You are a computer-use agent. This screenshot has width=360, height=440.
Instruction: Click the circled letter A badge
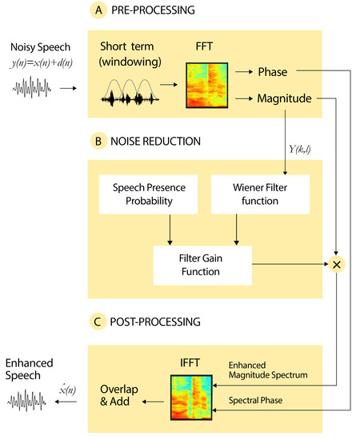pos(98,10)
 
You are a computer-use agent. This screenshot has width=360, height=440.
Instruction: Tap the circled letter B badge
pos(98,141)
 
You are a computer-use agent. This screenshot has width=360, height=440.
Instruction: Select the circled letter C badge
pos(98,322)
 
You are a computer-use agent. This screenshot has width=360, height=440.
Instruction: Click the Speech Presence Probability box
pos(149,194)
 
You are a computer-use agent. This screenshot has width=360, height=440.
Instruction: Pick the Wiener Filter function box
pos(260,194)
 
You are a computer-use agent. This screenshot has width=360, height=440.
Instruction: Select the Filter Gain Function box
pos(202,266)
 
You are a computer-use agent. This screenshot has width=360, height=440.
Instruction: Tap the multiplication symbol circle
pos(337,264)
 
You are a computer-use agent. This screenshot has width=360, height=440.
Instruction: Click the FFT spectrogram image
pos(206,86)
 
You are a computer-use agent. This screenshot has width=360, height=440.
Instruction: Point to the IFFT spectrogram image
pos(191,398)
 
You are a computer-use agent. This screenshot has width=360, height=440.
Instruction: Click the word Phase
pos(273,72)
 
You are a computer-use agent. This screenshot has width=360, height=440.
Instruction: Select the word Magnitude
pos(284,98)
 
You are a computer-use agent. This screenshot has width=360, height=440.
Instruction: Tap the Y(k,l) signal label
pos(300,150)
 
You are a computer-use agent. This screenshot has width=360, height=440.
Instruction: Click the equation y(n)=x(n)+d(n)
pos(42,63)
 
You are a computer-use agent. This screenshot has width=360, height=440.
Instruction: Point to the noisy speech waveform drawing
pos(31,87)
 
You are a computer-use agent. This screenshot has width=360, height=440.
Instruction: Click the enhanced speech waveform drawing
pos(26,400)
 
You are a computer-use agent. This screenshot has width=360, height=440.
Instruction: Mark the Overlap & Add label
pos(119,395)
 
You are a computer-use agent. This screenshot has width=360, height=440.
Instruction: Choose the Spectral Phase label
pos(255,401)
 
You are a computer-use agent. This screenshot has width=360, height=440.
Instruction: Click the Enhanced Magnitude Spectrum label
pos(268,370)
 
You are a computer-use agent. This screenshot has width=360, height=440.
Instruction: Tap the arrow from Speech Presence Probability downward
pos(170,230)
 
